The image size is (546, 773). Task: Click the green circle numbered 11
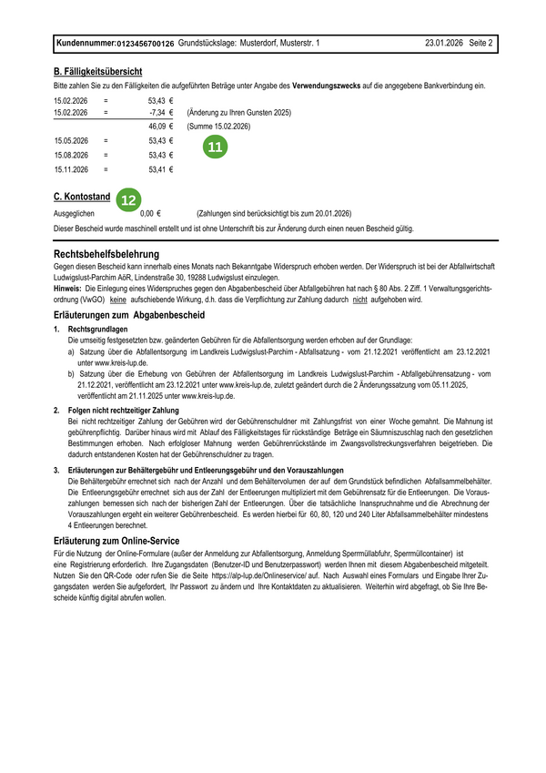coord(215,147)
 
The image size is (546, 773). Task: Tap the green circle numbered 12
coord(130,198)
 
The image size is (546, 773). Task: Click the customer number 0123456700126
coord(146,44)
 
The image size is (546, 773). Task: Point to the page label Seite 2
coord(480,43)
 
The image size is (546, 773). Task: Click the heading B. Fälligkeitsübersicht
coord(97,71)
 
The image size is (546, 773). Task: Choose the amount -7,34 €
coord(160,113)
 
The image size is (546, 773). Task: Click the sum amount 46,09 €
coord(160,127)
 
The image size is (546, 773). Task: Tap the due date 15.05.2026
coord(71,141)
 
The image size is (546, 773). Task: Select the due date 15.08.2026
coord(71,155)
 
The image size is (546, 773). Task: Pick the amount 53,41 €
coord(160,169)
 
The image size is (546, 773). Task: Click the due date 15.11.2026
coord(71,169)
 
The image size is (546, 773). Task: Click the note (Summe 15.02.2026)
coord(218,127)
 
